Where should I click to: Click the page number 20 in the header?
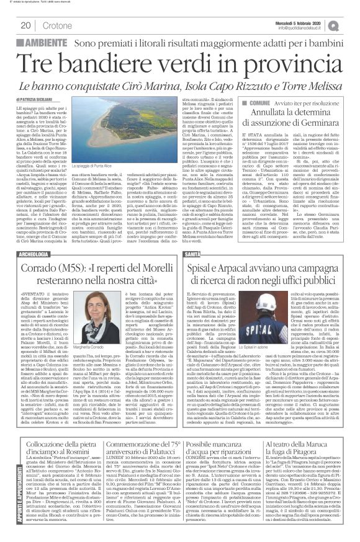pos(26,25)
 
